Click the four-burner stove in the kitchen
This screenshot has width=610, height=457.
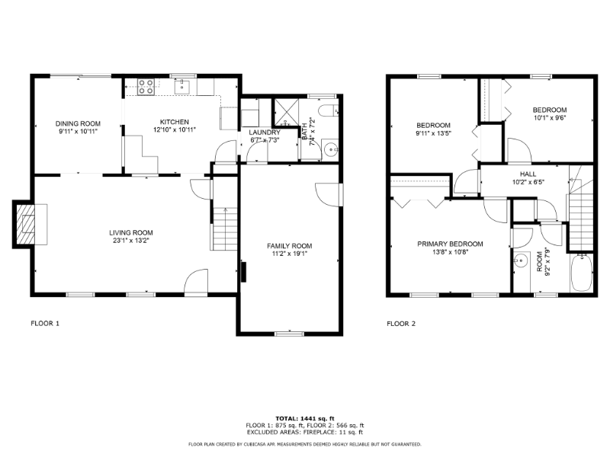coord(144,88)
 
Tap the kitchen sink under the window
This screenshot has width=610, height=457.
coord(182,87)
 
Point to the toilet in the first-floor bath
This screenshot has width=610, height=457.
coord(329,112)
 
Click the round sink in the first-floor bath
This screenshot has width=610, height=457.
coord(330,149)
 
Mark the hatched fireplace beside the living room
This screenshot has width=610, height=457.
coord(28,224)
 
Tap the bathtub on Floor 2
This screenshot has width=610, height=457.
coord(581,275)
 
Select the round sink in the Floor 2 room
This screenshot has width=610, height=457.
coord(522,261)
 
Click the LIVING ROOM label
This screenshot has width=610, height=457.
coord(131,233)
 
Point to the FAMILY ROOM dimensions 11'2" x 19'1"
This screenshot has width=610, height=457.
coord(289,255)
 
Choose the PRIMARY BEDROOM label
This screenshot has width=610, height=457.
coord(450,244)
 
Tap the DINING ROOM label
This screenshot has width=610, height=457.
coord(79,123)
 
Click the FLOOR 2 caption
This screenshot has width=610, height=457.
coord(401,324)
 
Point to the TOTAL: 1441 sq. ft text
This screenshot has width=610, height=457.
coord(304,418)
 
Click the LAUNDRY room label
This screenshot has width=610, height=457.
coord(265,132)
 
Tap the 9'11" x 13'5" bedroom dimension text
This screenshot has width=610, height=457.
coord(433,134)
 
